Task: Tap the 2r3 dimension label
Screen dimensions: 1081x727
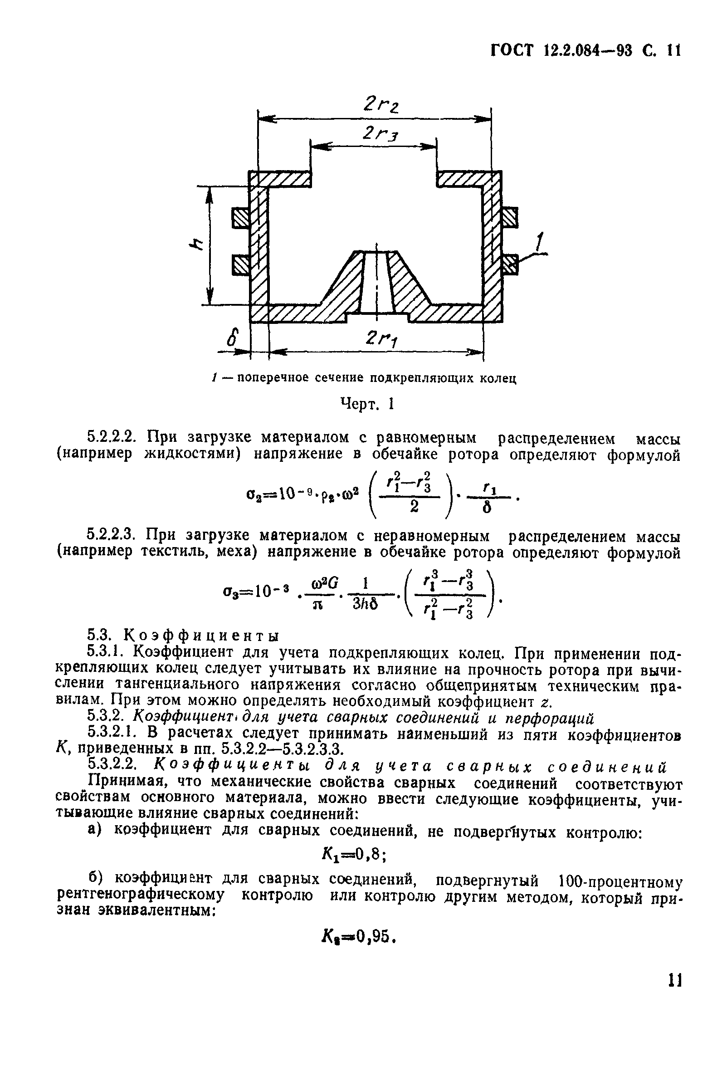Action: (381, 134)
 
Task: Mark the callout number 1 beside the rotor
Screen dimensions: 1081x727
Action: (540, 243)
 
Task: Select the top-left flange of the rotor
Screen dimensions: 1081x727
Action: (279, 179)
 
